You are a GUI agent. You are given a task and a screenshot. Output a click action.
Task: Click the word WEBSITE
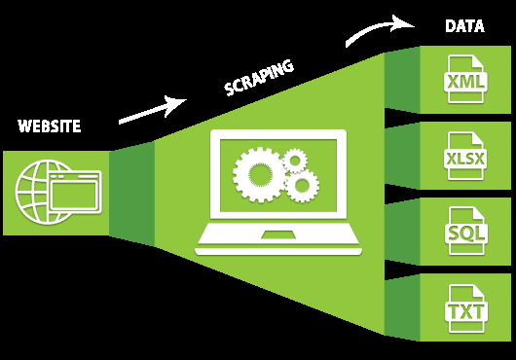[x=50, y=126]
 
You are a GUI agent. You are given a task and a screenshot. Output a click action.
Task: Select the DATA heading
[x=464, y=26]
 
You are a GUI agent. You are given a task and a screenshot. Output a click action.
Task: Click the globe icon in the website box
[x=35, y=192]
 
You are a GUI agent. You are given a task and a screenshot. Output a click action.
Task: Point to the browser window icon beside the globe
[x=75, y=193]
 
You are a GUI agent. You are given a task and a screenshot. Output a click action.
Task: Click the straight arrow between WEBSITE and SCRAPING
[x=152, y=109]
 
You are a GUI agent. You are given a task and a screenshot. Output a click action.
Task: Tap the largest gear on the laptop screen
[x=258, y=175]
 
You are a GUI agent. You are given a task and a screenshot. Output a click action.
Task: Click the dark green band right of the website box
[x=131, y=193]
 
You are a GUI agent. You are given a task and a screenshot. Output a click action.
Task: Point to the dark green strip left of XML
[x=401, y=81]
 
